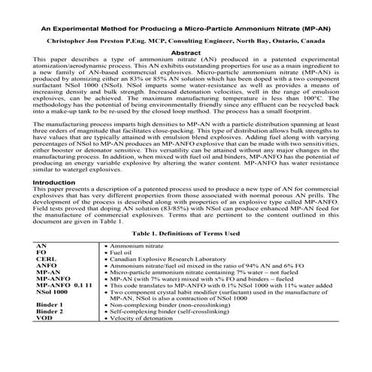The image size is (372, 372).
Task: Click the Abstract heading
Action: pos(186,54)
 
